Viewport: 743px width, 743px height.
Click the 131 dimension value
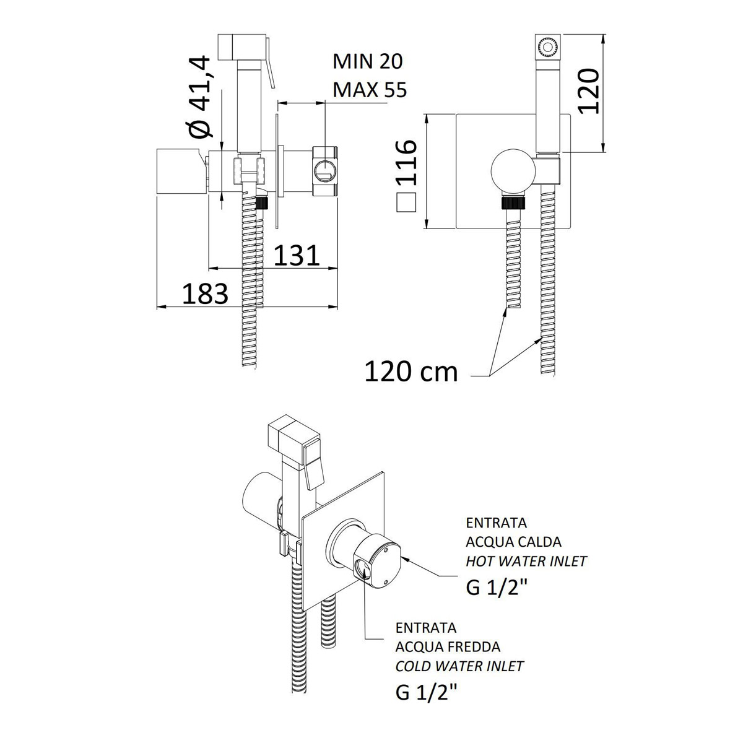297,255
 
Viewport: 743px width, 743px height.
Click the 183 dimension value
205,293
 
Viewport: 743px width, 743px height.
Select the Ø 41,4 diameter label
201,97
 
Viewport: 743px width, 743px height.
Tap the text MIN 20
367,62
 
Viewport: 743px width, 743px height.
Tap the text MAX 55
370,90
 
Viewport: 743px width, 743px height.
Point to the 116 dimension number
406,162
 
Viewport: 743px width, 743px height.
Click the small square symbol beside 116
406,202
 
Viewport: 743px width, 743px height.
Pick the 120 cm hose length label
411,372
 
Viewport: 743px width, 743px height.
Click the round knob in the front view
513,171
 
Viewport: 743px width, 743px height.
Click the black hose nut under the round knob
513,203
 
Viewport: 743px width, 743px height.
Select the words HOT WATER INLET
526,562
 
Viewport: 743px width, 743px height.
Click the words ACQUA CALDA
513,542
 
